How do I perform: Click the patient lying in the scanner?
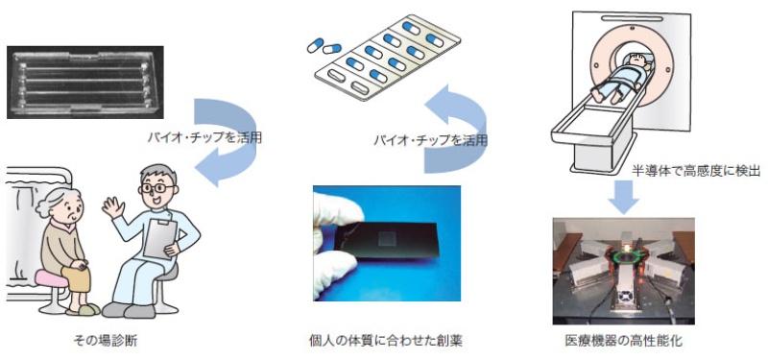click(x=614, y=82)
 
